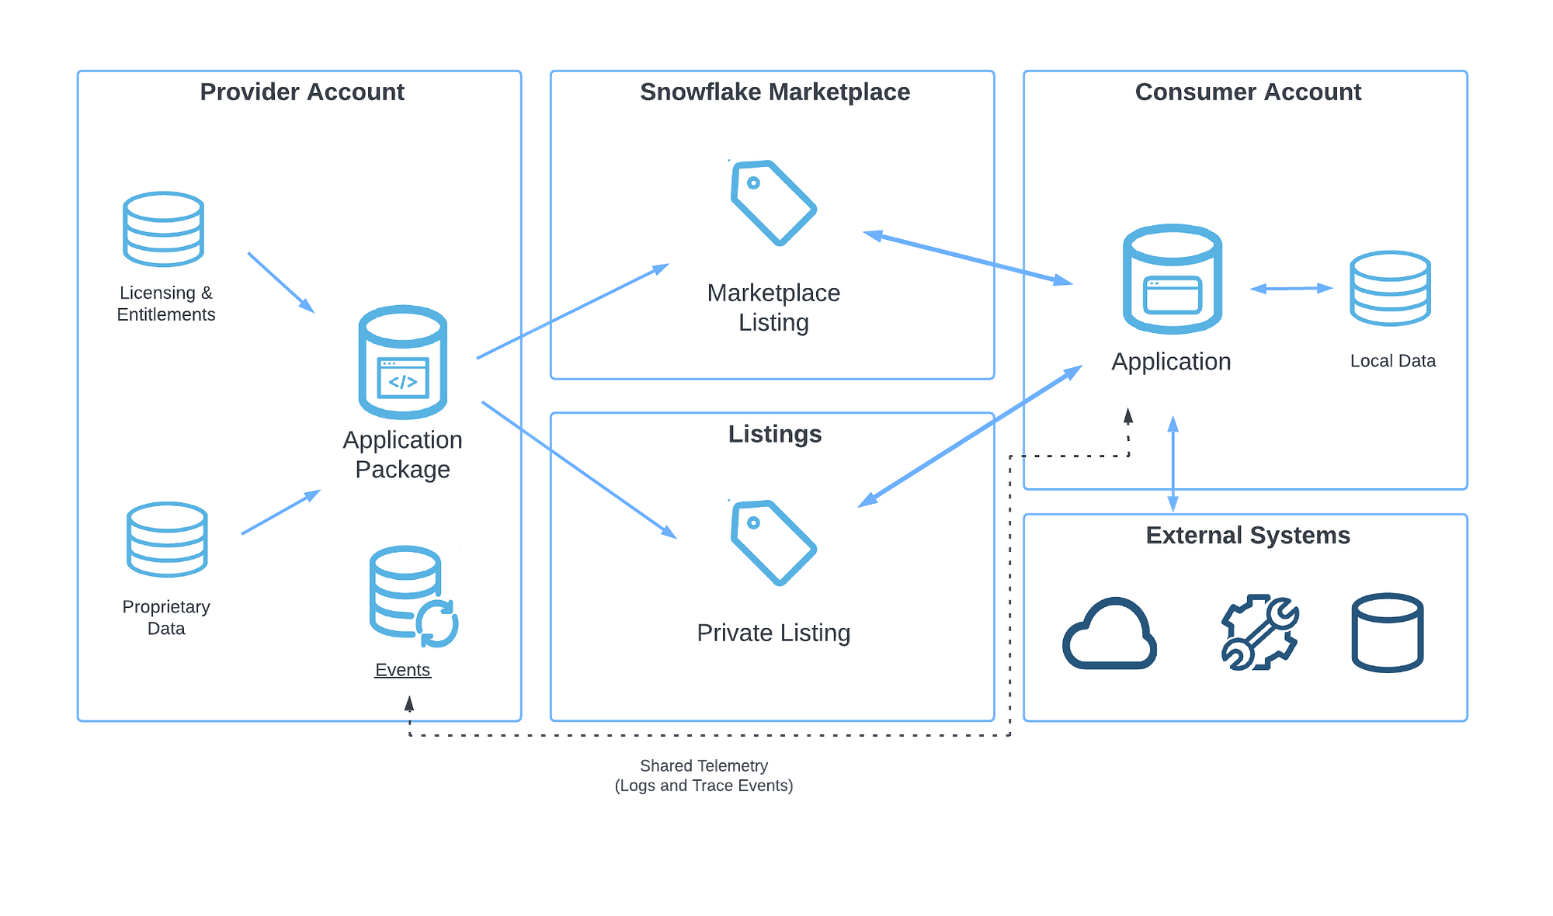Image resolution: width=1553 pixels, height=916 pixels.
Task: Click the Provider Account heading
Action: [302, 92]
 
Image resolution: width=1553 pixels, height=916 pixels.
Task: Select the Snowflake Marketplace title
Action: [774, 92]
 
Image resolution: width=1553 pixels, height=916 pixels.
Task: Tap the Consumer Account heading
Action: [1248, 92]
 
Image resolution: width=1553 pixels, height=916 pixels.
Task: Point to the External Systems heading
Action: [1248, 536]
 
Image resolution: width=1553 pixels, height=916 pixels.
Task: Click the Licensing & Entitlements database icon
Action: [164, 230]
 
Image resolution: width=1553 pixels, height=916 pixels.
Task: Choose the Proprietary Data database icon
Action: [167, 540]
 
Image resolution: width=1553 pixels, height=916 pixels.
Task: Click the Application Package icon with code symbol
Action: [403, 362]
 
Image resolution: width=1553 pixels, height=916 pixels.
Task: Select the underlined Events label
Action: [402, 670]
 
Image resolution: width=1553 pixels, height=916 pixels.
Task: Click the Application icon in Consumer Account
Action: [1173, 279]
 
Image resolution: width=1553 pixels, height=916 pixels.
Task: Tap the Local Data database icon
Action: [1390, 289]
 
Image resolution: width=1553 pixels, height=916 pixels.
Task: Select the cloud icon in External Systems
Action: [1110, 634]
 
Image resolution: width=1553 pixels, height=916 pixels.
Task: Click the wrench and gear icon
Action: [1259, 633]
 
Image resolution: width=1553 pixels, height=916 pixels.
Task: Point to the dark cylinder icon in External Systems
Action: [1388, 633]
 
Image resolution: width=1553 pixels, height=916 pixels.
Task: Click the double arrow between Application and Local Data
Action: [1291, 289]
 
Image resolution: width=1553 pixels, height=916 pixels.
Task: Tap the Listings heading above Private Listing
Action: [774, 435]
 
